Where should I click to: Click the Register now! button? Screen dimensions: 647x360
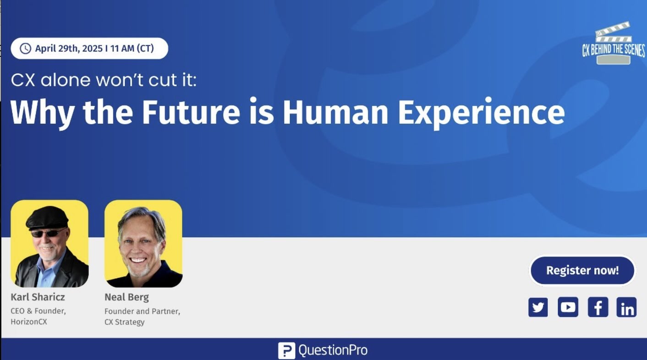(582, 271)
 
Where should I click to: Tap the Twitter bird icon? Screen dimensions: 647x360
(538, 307)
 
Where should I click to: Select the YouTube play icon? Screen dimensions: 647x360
(568, 307)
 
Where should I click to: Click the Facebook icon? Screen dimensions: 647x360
(598, 307)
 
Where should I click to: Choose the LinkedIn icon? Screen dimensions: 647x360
(626, 307)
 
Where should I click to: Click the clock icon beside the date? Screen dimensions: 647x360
(25, 49)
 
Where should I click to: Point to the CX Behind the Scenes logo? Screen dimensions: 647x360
(613, 44)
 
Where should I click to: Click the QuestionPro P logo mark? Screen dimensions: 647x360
(286, 350)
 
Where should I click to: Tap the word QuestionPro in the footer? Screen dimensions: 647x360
(333, 350)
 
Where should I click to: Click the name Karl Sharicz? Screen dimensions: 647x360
(38, 297)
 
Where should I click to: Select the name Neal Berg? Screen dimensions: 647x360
(126, 297)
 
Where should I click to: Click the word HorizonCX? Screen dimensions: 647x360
(29, 322)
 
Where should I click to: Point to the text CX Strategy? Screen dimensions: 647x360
(124, 322)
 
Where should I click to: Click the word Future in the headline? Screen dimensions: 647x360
(191, 112)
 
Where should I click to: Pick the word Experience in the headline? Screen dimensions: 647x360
(481, 113)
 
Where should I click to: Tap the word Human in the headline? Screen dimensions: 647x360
(335, 112)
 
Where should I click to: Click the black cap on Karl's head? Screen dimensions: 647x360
(48, 218)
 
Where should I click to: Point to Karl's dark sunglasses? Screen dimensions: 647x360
(48, 233)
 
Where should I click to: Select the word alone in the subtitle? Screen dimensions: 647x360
(65, 80)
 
